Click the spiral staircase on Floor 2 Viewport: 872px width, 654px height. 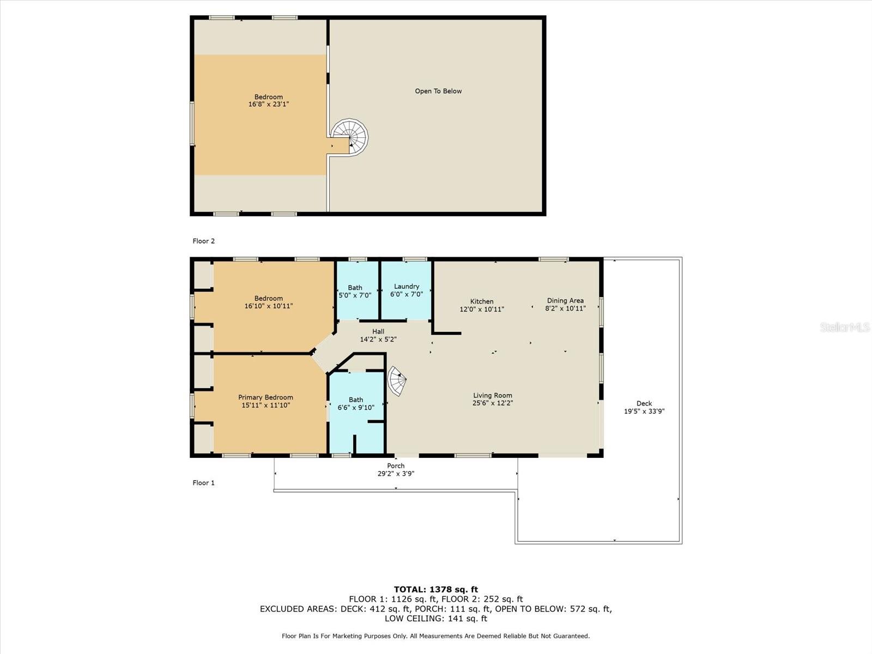pos(350,137)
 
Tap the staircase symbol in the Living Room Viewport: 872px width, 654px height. pos(397,381)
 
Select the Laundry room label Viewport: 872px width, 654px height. pos(407,286)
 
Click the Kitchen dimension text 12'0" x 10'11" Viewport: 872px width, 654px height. pos(482,310)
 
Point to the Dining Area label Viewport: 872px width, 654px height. pos(565,301)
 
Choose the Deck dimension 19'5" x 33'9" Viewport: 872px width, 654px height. pos(644,411)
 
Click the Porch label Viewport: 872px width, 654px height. pos(396,466)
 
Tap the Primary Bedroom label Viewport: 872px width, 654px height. pos(265,397)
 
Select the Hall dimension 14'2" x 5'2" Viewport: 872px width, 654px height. pos(378,340)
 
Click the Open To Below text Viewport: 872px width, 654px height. pos(438,92)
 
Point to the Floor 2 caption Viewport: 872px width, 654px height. pos(203,241)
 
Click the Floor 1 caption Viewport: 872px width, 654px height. pos(203,483)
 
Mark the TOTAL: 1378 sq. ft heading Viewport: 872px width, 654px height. pos(436,589)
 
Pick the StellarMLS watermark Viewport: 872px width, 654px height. pos(845,328)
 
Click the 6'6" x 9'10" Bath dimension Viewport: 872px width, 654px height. pos(356,408)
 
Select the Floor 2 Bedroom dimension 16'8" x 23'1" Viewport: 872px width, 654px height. pos(269,105)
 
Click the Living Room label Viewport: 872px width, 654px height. pos(493,396)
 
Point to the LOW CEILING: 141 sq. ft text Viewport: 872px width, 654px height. pos(436,618)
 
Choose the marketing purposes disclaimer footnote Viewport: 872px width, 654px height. pos(436,636)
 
